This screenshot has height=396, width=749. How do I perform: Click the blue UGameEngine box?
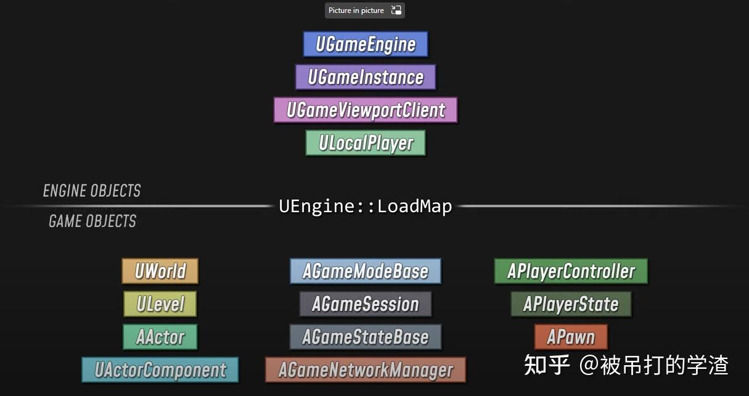366,44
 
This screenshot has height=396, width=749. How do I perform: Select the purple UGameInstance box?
366,77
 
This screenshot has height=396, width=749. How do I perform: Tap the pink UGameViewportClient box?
366,110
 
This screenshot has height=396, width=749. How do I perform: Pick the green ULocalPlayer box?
366,143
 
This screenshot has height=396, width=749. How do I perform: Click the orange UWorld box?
160,271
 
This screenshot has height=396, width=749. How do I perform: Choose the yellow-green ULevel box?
160,304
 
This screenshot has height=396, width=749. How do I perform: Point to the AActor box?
160,337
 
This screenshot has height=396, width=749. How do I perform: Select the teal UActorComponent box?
160,370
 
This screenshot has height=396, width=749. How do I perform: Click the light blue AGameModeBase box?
366,271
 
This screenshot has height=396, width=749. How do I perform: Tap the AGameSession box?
366,304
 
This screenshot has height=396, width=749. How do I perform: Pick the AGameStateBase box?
366,337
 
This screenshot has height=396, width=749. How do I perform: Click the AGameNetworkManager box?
366,370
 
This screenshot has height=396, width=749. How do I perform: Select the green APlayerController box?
571,271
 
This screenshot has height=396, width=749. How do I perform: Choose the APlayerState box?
571,304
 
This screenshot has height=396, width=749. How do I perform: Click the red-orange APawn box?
571,337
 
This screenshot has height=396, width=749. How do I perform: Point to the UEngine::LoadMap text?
366,206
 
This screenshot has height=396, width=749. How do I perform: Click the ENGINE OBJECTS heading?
92,191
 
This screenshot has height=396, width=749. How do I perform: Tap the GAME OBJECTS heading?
92,221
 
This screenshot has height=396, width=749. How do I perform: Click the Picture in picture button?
365,10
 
